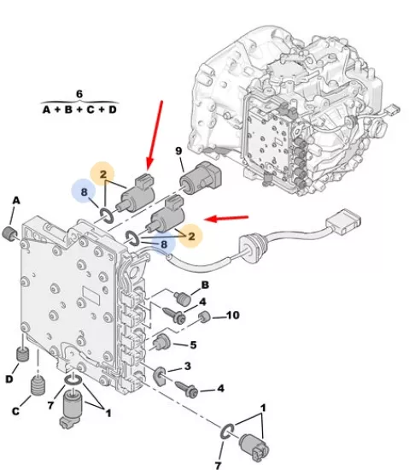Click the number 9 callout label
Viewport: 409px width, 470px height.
[x=178, y=150]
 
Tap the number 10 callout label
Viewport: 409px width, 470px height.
[x=232, y=315]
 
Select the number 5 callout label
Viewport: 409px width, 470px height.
[x=194, y=344]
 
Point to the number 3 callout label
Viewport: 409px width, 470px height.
[x=188, y=366]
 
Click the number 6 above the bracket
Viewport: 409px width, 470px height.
[x=79, y=94]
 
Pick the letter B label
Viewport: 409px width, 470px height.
[x=205, y=285]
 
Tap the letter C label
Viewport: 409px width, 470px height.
[x=15, y=411]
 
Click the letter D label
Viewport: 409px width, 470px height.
[x=9, y=379]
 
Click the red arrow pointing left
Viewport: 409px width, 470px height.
[x=226, y=219]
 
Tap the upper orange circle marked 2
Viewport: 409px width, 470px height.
[x=102, y=174]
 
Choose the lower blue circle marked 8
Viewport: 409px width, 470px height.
[x=163, y=244]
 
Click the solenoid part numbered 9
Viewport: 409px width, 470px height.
[x=201, y=178]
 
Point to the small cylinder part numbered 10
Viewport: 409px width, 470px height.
[x=205, y=317]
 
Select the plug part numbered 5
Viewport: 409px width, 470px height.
[x=161, y=343]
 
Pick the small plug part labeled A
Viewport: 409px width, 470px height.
[x=9, y=234]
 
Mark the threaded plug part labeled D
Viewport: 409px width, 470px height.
[x=22, y=355]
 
